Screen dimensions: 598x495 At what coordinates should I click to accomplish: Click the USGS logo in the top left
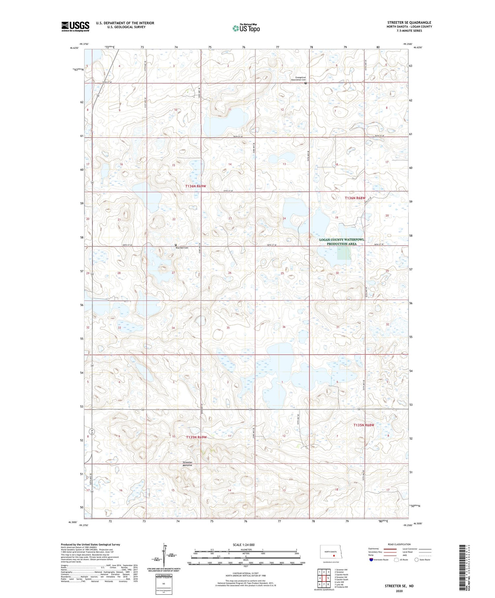click(75, 26)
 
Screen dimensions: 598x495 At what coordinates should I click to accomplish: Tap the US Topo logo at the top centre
click(246, 28)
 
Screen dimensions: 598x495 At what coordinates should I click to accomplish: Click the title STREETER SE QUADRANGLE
click(409, 22)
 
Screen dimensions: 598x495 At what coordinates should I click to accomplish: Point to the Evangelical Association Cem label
click(298, 79)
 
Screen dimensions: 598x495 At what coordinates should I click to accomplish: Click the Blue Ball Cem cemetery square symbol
click(176, 245)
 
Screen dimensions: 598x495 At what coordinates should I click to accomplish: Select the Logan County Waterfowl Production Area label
click(342, 242)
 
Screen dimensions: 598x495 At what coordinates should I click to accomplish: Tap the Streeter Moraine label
click(187, 464)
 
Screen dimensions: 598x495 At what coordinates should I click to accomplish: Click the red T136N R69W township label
click(195, 186)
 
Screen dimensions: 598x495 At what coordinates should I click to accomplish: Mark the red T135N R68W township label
click(364, 425)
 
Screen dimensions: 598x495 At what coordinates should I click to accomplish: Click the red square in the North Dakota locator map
click(334, 555)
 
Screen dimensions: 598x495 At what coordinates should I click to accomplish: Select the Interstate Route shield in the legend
click(371, 560)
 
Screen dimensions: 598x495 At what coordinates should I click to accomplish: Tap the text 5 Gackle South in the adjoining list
click(341, 580)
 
